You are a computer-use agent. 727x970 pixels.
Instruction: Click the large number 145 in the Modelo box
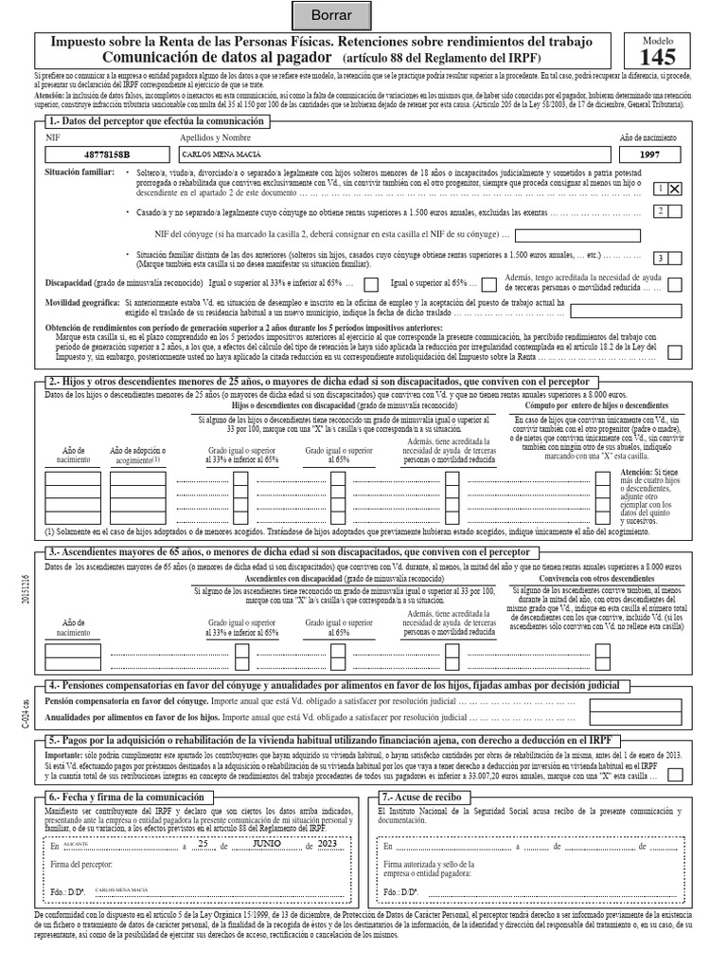[x=658, y=56]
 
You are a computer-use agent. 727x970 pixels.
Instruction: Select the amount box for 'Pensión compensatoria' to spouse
[x=620, y=704]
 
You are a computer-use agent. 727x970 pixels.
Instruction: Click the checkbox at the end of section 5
[x=676, y=775]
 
